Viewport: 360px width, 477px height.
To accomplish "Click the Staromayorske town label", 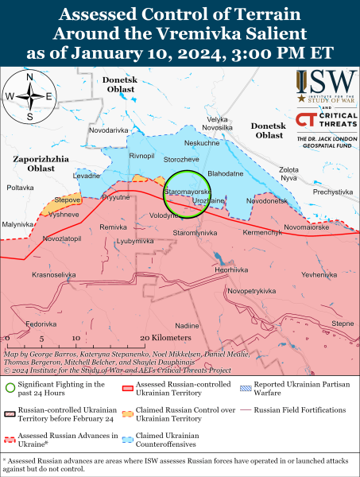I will coord(186,192).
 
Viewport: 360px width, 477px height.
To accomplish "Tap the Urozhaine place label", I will coord(209,202).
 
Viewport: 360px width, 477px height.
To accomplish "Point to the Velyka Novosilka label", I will coord(218,123).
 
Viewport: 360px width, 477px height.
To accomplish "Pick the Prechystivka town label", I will coord(332,191).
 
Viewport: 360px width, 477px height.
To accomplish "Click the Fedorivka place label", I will coord(41,324).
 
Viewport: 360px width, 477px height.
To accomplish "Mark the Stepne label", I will coord(343,323).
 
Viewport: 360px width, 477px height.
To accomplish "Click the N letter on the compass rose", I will coord(29,78).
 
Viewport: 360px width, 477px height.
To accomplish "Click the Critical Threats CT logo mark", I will coord(303,119).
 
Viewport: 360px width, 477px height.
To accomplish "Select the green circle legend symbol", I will coord(10,388).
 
